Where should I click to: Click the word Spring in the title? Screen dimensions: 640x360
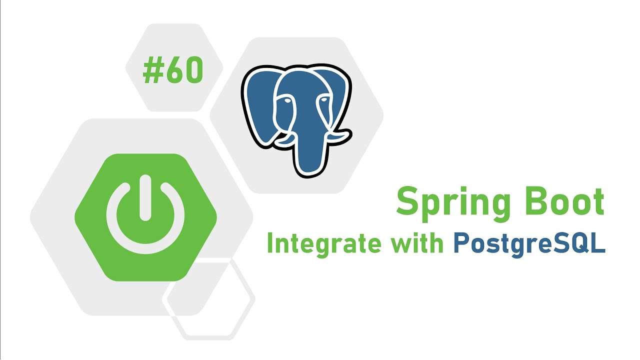coord(453,204)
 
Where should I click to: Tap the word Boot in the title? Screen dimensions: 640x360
coord(565,201)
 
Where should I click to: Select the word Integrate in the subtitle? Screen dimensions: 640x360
coord(324,245)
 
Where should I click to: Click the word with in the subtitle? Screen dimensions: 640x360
coord(417,242)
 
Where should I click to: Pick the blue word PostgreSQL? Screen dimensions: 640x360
coord(529,245)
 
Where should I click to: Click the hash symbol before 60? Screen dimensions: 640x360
coord(153,69)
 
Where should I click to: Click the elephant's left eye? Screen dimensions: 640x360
coord(287,100)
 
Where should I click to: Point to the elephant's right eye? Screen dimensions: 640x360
coord(324,99)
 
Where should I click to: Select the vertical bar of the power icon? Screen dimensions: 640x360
coord(145,197)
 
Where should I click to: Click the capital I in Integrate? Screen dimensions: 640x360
coord(269,242)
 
